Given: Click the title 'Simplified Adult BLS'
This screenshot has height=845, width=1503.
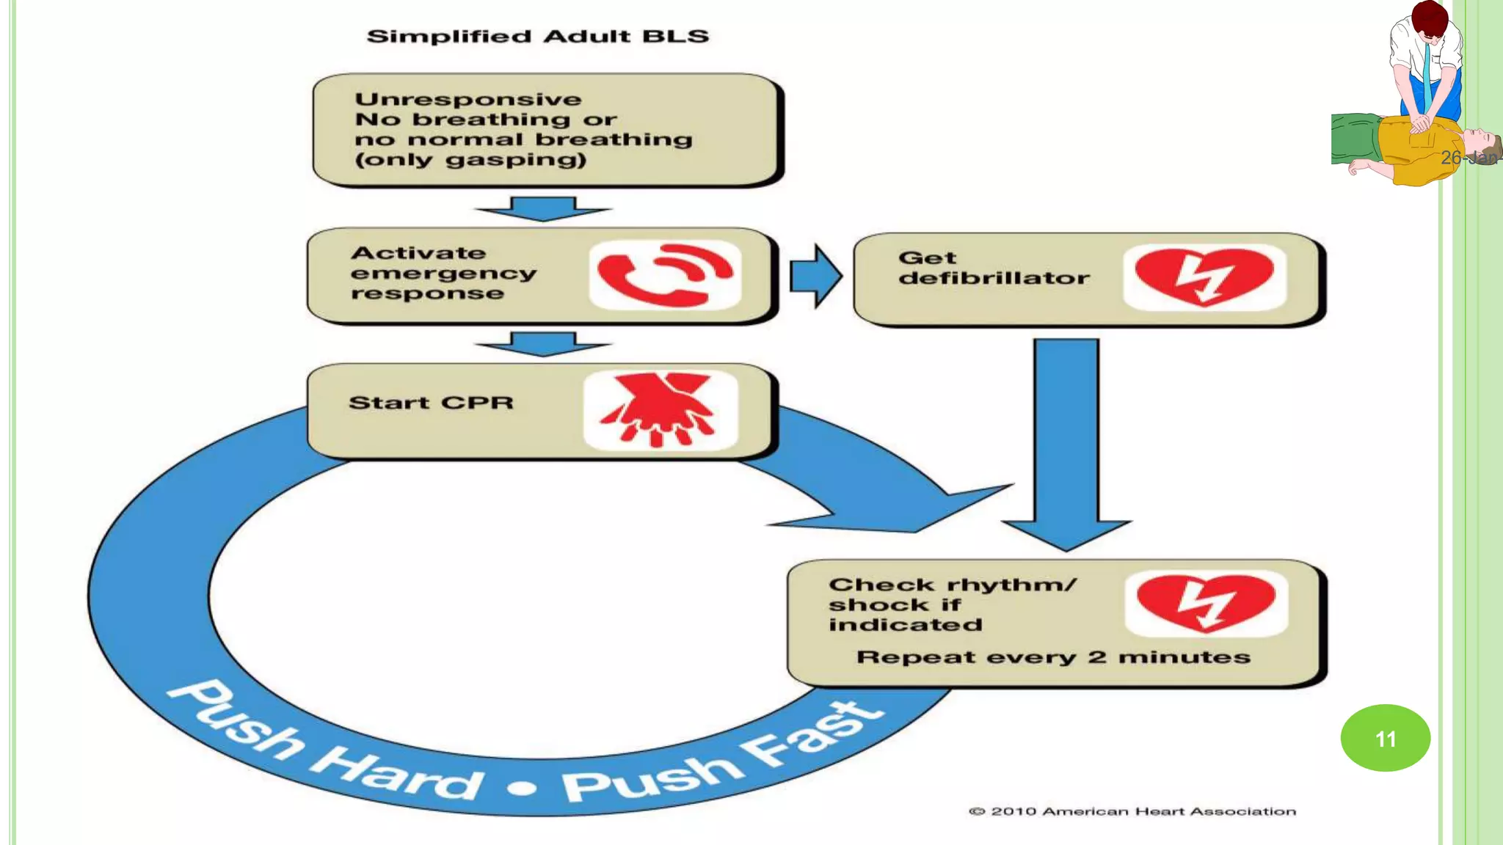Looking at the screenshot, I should [x=538, y=37].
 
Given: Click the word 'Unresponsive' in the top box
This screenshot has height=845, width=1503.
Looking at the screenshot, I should [x=468, y=99].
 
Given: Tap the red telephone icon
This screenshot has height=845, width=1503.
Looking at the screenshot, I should [x=664, y=275].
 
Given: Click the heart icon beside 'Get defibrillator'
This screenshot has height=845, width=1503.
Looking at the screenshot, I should [x=1204, y=277].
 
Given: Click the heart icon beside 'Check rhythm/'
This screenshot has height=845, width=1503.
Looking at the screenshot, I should [x=1206, y=603].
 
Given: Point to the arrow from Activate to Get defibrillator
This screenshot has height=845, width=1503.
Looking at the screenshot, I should [x=815, y=276].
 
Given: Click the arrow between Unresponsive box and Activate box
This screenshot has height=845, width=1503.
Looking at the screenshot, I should [x=543, y=209].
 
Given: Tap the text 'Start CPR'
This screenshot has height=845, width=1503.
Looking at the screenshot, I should [x=431, y=403].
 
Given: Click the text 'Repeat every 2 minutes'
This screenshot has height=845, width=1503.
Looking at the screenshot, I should [x=1053, y=656].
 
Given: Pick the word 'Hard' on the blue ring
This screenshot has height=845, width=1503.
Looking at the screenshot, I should [x=397, y=774].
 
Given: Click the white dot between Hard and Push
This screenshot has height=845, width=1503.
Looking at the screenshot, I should [x=523, y=789].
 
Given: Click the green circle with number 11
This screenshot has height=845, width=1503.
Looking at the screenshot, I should [x=1385, y=738].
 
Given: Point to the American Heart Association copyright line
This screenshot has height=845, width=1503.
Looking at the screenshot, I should [x=1132, y=811].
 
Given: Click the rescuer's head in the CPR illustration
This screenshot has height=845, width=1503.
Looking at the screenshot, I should [x=1429, y=20].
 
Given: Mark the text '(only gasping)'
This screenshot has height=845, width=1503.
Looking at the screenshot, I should [x=470, y=160].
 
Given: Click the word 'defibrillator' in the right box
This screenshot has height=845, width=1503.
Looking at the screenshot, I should [x=994, y=279].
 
